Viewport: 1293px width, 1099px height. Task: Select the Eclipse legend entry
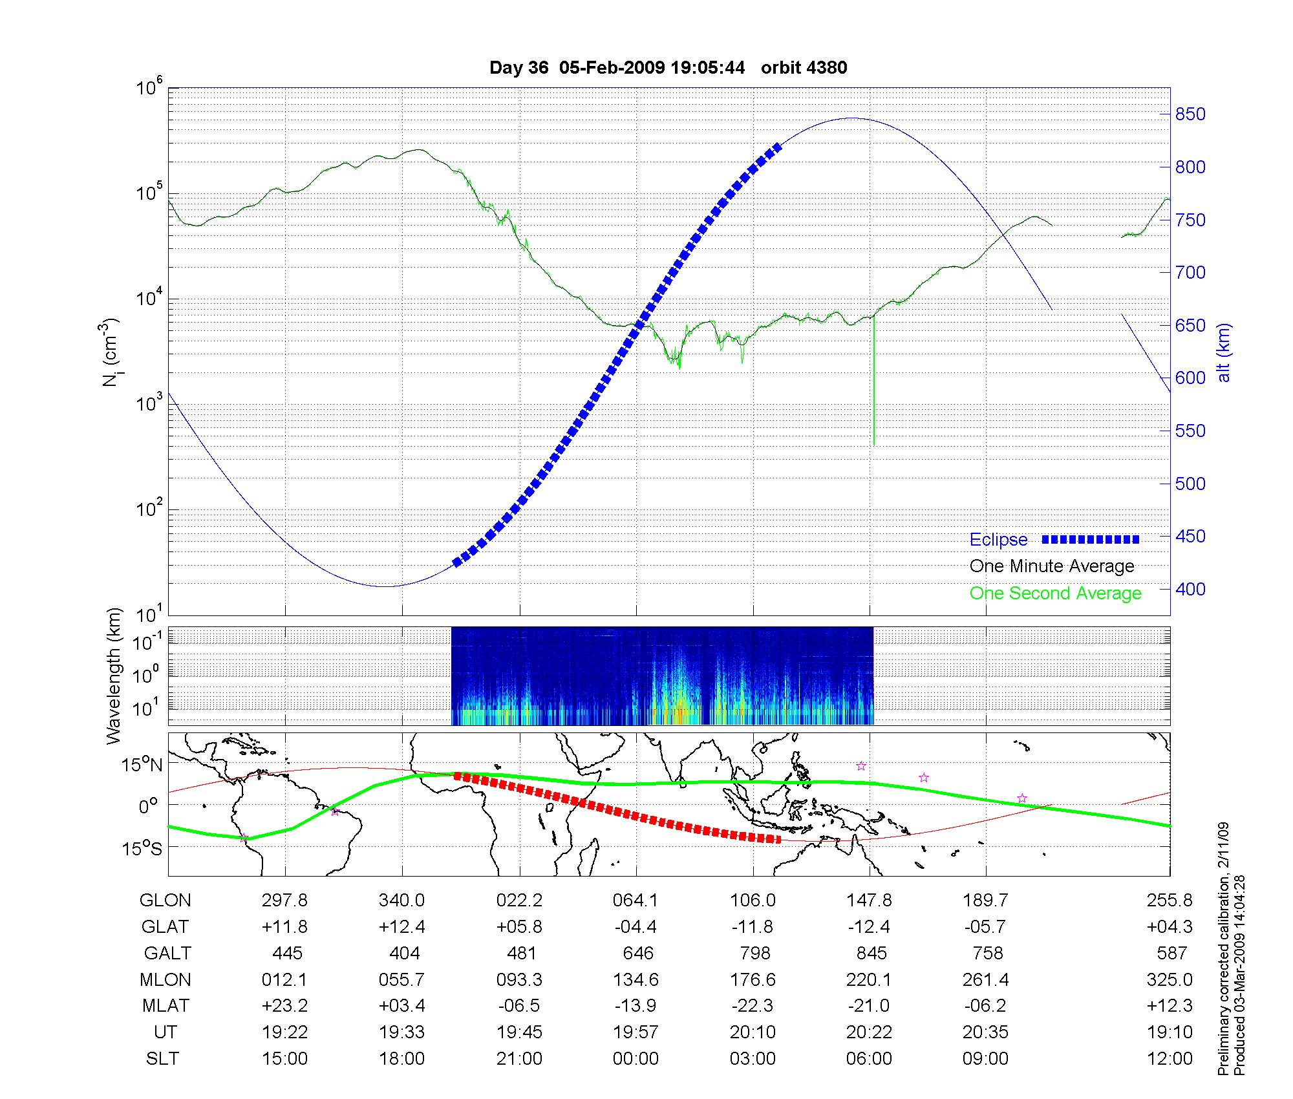tap(998, 540)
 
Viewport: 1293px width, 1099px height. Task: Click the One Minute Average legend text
tap(1052, 566)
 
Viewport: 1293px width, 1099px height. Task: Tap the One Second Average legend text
tap(1055, 593)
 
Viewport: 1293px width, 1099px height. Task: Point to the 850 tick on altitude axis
tap(1190, 114)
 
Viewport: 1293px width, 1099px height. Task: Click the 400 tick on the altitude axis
tap(1190, 589)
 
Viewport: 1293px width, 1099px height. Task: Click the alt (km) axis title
tap(1224, 352)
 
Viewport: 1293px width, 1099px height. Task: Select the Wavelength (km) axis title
tap(114, 676)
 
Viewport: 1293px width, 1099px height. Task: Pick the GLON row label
tap(165, 901)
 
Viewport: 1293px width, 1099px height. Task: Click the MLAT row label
tap(166, 1006)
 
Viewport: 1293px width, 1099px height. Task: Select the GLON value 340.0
tap(401, 901)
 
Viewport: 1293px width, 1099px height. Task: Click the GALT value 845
tap(871, 954)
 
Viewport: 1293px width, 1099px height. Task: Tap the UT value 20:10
tap(753, 1032)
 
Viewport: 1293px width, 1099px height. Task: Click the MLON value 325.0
tap(1170, 980)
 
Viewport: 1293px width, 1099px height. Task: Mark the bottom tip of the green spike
tap(874, 445)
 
